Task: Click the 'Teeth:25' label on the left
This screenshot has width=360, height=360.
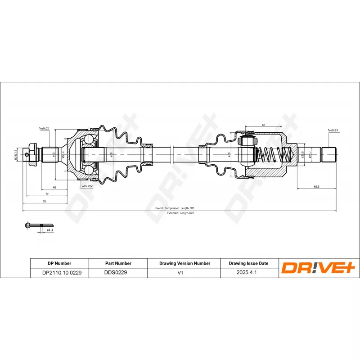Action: tap(44, 129)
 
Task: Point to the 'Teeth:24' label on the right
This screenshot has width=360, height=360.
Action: tap(333, 130)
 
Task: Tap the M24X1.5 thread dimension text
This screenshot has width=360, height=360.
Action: tap(16, 154)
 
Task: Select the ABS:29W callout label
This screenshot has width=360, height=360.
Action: tap(87, 185)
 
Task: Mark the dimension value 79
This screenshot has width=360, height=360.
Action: tap(44, 202)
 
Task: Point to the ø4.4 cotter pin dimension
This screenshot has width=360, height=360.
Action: tap(50, 230)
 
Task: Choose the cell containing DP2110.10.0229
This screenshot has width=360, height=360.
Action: tap(59, 273)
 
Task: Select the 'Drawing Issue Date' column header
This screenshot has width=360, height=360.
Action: tap(248, 263)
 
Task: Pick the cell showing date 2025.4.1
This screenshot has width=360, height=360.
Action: tap(248, 273)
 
